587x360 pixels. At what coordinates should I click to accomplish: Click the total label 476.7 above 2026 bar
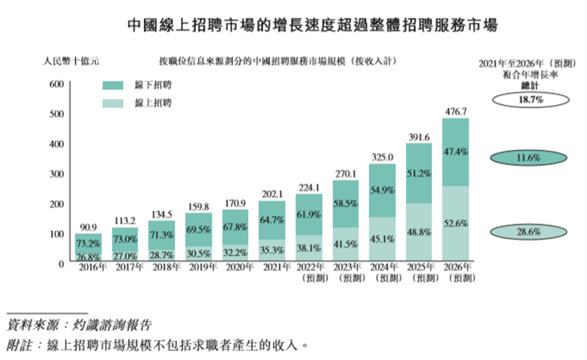click(455, 111)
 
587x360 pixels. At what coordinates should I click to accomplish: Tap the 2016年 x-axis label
click(88, 268)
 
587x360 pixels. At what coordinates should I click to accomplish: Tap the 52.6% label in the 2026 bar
click(456, 224)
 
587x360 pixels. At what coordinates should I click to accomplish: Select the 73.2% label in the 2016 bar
click(88, 244)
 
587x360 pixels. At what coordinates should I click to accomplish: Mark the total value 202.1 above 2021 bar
click(271, 193)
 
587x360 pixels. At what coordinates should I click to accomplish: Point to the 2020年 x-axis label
click(235, 268)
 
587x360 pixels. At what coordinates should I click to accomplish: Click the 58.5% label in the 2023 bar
click(344, 203)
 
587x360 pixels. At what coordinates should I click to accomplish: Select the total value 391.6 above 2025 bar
click(419, 136)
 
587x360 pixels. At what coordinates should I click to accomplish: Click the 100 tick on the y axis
click(56, 234)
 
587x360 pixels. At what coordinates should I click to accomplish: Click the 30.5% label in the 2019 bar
click(198, 253)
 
